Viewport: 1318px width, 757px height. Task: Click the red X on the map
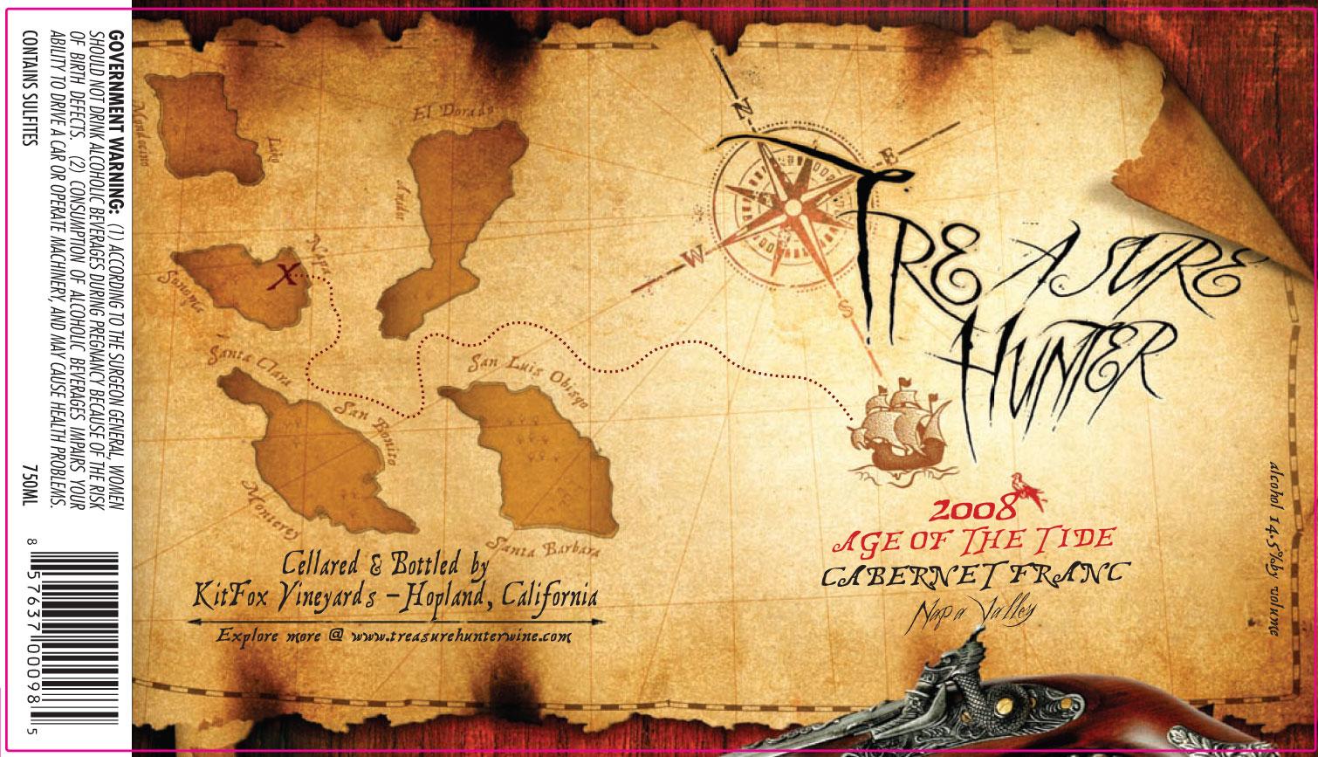[282, 277]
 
